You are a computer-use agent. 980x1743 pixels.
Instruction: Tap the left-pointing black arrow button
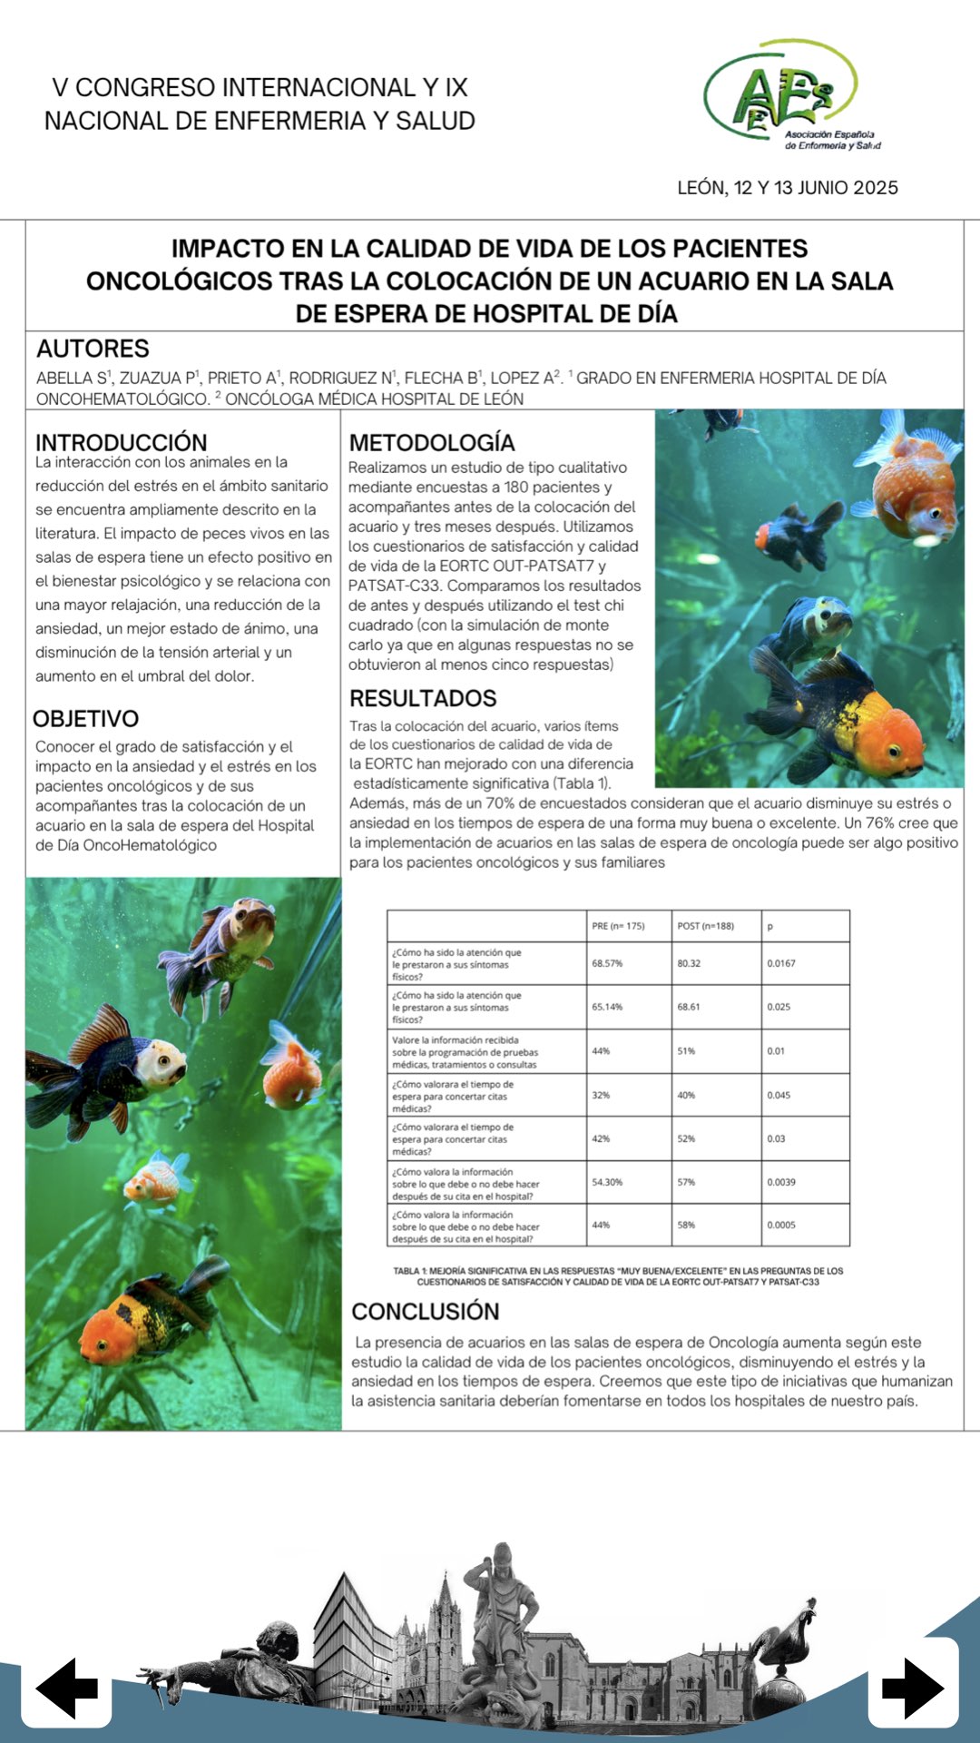pos(66,1688)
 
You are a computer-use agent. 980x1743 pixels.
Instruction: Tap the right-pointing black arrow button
pos(913,1688)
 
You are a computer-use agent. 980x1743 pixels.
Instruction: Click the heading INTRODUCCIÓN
pos(121,442)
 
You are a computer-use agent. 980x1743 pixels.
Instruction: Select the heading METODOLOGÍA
pos(432,442)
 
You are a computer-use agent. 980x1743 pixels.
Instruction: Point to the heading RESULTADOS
pos(423,698)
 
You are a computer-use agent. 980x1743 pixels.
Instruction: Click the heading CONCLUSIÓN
pos(426,1311)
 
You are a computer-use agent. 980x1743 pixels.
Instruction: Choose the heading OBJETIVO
pos(86,719)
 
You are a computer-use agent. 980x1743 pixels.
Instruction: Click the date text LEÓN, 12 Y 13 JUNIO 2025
pos(788,188)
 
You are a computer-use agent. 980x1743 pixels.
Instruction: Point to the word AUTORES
pos(93,349)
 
